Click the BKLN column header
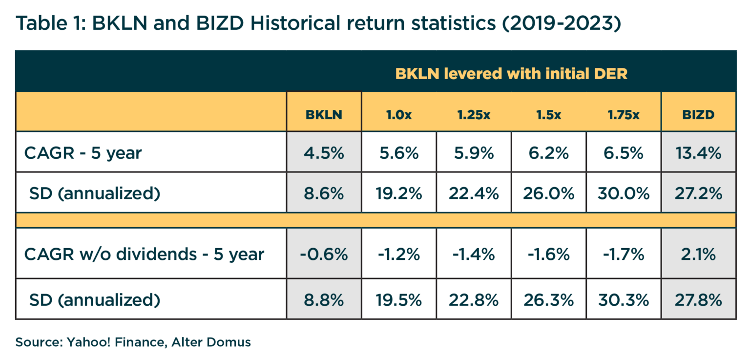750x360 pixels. (324, 115)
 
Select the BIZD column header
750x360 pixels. (698, 115)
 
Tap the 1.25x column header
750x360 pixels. (474, 115)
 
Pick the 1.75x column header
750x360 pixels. (623, 115)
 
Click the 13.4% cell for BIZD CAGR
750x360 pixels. (698, 153)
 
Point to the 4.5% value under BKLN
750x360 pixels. (324, 153)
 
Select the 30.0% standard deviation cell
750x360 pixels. (623, 193)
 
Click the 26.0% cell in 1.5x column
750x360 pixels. (548, 193)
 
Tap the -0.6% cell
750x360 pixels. (324, 254)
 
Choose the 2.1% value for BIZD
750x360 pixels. (698, 254)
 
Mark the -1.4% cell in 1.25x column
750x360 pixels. (474, 254)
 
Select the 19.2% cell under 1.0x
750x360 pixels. (399, 193)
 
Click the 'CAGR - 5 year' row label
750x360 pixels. (83, 153)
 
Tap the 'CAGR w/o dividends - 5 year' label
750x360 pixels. (144, 254)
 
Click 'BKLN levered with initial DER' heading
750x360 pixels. (511, 74)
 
